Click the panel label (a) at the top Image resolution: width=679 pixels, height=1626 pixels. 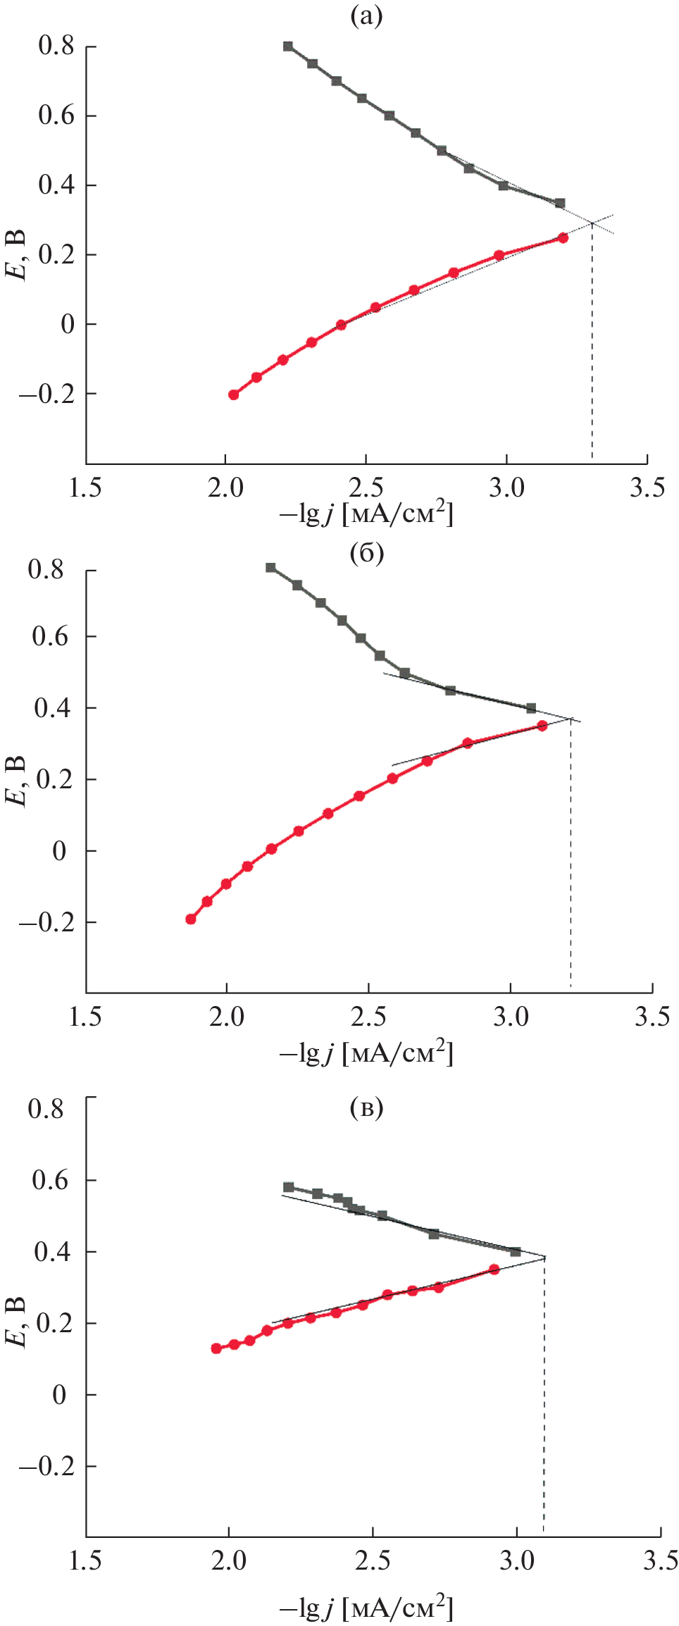point(366,15)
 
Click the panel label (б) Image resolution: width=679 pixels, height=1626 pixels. point(366,554)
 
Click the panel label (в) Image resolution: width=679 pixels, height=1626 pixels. point(366,1109)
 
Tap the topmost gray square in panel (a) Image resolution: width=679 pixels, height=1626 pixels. point(287,46)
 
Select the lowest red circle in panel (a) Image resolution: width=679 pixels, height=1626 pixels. point(233,395)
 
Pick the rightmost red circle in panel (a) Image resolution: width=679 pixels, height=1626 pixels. point(563,238)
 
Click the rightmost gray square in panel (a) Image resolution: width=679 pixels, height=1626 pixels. point(560,203)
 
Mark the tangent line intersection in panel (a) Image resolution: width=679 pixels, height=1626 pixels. point(592,223)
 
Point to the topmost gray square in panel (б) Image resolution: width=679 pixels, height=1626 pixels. point(270,568)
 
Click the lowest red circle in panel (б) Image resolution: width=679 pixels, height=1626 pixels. point(190,919)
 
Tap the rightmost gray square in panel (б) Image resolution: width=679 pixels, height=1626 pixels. point(531,708)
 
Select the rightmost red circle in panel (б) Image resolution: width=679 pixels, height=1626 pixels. point(542,726)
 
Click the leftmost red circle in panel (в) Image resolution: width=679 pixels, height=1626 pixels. point(216,1348)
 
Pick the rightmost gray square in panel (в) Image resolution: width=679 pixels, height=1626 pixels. point(516,1251)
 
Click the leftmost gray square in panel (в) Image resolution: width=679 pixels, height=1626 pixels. point(288,1187)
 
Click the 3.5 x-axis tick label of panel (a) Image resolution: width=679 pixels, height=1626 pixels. point(647,488)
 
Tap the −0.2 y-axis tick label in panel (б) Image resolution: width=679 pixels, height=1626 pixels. point(46,923)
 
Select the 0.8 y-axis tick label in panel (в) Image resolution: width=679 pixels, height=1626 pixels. point(46,1108)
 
